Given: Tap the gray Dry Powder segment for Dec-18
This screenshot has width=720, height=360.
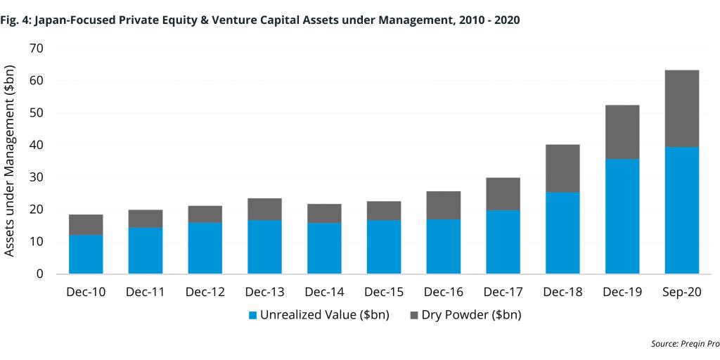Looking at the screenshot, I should [562, 168].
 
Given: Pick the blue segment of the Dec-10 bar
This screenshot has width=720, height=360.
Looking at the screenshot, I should [86, 254].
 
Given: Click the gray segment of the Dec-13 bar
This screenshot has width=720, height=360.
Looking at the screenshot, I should [264, 209].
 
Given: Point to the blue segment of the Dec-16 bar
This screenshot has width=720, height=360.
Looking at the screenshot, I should [443, 246].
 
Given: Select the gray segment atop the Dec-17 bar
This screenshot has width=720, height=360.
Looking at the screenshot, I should [503, 193].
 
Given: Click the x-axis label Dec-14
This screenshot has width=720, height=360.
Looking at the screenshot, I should [324, 292].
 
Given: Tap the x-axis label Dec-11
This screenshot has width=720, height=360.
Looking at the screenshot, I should [145, 292].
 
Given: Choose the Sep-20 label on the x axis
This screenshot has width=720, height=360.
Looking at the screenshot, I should [681, 292].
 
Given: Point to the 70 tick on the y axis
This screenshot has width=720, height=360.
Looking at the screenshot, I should [37, 49].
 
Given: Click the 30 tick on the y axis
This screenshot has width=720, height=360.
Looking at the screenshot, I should [37, 177].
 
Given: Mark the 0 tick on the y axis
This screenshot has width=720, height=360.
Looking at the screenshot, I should [40, 274].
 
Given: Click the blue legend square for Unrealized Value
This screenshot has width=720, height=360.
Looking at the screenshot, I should [253, 315].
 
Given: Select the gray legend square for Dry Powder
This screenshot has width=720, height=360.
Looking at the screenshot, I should [414, 315].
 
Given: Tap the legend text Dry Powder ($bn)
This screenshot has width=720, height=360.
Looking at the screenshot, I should [471, 315].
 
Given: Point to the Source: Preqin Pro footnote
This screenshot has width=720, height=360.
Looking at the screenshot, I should [681, 344].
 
